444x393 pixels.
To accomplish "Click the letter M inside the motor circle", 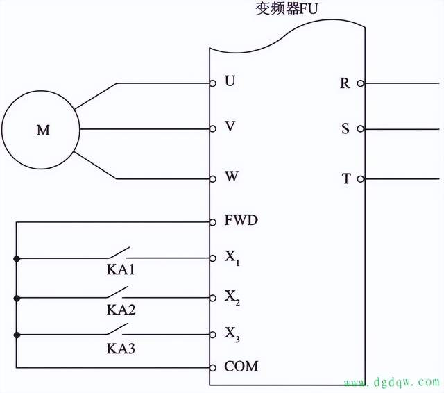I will (43, 130).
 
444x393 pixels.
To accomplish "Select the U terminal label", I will (230, 82).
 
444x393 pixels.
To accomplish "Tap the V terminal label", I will (230, 128).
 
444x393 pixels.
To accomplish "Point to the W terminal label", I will (232, 177).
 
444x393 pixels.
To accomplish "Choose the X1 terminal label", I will (232, 258).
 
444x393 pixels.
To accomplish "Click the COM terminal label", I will (241, 366).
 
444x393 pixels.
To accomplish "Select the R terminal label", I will (345, 83).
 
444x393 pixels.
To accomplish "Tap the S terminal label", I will (345, 129).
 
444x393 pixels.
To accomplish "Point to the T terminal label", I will (345, 178).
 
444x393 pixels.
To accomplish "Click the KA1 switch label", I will (120, 269).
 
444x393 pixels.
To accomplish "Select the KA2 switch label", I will (120, 309).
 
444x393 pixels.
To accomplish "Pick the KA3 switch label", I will (120, 347).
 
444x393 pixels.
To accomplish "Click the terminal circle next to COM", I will (213, 367).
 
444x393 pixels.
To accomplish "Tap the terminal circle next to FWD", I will (213, 222).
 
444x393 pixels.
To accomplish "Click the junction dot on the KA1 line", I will (17, 258).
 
